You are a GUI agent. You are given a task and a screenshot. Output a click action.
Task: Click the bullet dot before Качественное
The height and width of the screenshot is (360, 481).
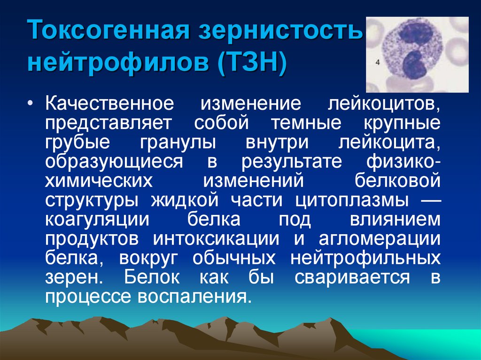[31, 103]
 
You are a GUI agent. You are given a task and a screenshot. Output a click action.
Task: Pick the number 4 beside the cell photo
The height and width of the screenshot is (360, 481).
[378, 61]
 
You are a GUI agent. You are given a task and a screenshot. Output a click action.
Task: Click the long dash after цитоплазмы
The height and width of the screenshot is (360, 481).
[427, 200]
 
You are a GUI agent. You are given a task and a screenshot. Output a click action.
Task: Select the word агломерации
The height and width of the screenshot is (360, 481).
[380, 238]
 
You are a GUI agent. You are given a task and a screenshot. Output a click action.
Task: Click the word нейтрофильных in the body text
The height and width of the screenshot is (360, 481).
[366, 258]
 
